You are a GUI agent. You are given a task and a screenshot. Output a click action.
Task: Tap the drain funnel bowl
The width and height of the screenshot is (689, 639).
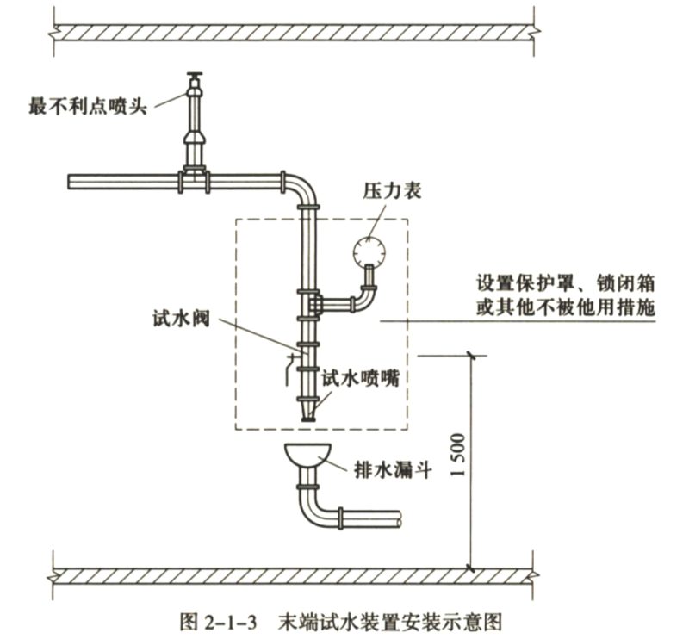click(x=307, y=454)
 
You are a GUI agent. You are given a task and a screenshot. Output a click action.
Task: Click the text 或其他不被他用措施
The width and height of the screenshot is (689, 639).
click(x=565, y=307)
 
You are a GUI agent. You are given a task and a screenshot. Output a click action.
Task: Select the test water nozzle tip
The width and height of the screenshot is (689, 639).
click(x=307, y=416)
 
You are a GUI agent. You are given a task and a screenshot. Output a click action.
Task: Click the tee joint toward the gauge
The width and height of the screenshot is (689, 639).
click(x=314, y=304)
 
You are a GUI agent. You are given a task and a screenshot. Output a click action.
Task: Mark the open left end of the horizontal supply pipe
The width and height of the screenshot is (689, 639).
click(x=72, y=182)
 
